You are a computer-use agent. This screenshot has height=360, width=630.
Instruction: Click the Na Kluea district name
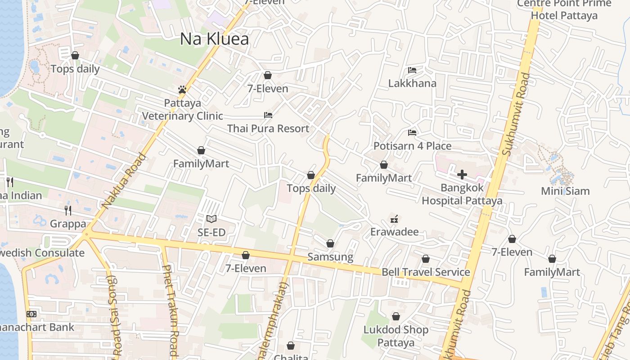point(214,39)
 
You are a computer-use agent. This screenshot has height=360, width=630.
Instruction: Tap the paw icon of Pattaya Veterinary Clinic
point(182,90)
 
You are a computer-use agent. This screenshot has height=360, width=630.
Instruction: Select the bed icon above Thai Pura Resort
point(268,115)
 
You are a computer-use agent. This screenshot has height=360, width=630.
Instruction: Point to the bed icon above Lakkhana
point(412,70)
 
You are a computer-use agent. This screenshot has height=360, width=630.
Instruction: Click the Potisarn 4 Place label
point(412,146)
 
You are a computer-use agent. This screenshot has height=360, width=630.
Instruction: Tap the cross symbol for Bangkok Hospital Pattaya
point(462,175)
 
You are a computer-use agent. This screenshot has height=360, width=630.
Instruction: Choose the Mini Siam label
point(565,191)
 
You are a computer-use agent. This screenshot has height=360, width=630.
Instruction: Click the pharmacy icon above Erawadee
point(395,219)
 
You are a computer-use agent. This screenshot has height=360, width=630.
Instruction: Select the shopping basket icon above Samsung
point(330,243)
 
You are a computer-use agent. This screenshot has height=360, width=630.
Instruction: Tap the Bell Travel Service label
point(426,272)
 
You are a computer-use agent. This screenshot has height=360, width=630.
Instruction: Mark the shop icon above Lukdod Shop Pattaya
point(396,317)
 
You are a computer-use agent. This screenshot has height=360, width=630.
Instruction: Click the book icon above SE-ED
point(211,219)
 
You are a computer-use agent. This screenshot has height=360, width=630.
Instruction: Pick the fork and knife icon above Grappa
point(68,210)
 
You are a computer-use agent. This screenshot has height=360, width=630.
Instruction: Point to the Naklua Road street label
point(124,181)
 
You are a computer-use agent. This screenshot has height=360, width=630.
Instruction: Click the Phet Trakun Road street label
point(170,310)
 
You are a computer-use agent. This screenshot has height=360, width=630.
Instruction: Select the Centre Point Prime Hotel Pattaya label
point(564,10)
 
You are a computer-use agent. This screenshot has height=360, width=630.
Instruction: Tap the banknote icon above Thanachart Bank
point(31,314)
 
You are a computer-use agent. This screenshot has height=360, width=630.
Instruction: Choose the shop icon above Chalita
point(291,346)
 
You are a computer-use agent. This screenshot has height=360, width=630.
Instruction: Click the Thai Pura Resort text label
point(268,128)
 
